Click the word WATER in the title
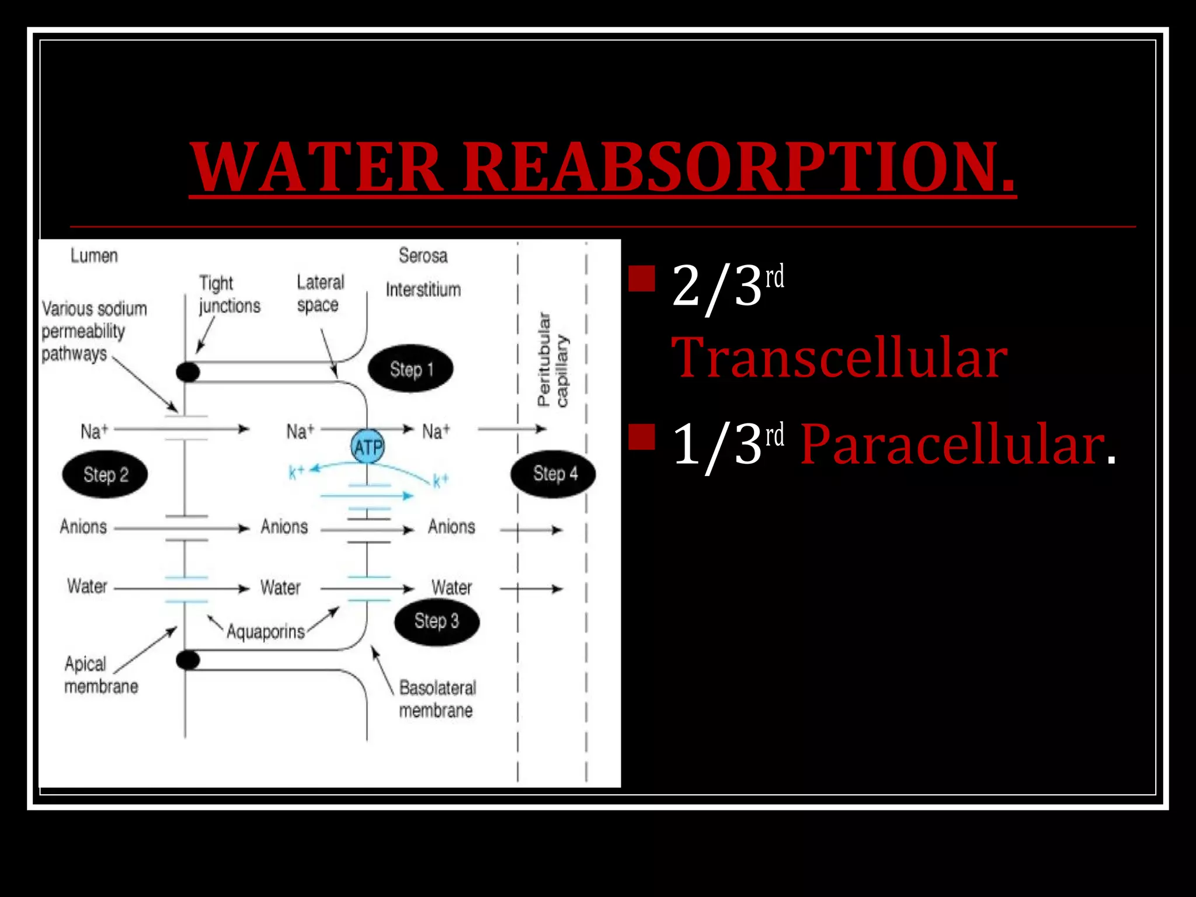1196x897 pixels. coord(317,168)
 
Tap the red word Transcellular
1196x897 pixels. coord(839,357)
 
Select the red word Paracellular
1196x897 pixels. coord(952,445)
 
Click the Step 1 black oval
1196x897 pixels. coord(411,369)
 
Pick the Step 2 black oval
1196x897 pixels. coord(105,474)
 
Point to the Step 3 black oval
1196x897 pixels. coord(436,621)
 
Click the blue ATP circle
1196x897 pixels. coord(367,447)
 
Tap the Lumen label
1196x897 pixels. coord(94,256)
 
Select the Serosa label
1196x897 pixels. coord(423,256)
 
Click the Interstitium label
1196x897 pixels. coord(423,290)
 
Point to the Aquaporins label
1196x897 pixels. coord(266,631)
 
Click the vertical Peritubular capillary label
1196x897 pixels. coord(552,360)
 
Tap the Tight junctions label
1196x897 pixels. coord(228,294)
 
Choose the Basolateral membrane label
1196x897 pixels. coord(437,698)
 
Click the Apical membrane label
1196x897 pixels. coord(100,675)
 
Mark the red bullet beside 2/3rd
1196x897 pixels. coord(642,279)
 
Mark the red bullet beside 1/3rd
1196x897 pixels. coord(642,437)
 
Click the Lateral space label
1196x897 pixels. coord(319,293)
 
